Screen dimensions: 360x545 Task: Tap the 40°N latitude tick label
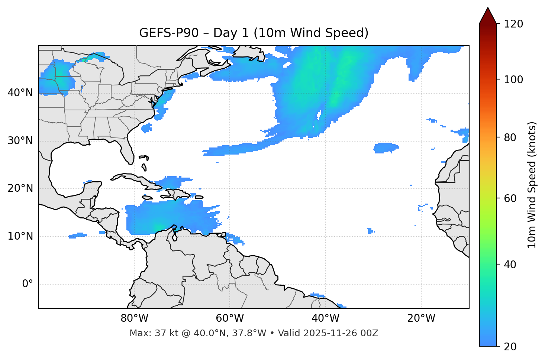[20, 93]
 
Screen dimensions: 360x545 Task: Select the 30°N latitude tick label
[20, 141]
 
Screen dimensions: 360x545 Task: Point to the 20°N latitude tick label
[20, 188]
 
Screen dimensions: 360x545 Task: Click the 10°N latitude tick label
[20, 236]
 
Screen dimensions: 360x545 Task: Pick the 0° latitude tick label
[28, 284]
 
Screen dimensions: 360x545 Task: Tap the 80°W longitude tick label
[134, 318]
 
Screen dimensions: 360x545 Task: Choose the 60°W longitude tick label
[230, 318]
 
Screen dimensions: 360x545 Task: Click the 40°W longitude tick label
[325, 318]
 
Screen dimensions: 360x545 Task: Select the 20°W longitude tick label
[421, 318]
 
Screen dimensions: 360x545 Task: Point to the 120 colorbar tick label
[513, 24]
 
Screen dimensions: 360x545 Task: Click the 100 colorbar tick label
[513, 80]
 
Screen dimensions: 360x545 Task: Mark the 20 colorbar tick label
[511, 347]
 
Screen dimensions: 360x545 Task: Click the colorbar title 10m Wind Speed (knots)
[532, 185]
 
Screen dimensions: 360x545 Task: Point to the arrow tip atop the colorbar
[488, 8]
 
